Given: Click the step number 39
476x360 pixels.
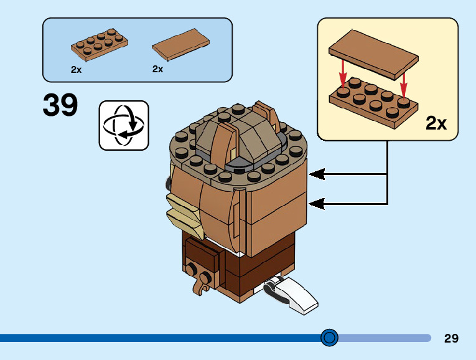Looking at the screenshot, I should [x=60, y=105].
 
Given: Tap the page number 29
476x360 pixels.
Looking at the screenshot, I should [x=451, y=338].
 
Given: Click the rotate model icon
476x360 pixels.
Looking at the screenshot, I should [x=124, y=125].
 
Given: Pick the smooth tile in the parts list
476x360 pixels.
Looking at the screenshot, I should [x=181, y=45].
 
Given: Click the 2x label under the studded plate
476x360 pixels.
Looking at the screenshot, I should [x=76, y=70].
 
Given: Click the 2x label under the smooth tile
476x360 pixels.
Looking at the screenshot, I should [x=157, y=69].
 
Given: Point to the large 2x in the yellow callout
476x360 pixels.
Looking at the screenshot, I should [x=436, y=123].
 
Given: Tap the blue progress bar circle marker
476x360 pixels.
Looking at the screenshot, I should [x=329, y=338].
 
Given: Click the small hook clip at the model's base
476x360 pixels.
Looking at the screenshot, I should [x=201, y=286].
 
